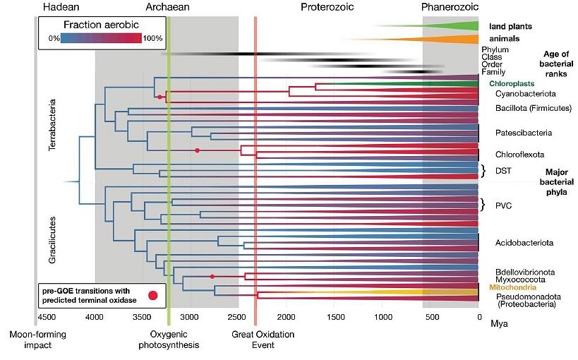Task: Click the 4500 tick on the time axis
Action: click(47, 318)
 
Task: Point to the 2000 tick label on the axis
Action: click(287, 318)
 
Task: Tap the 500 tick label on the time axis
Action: click(431, 318)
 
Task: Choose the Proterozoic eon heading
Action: click(327, 8)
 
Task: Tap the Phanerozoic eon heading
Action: click(450, 8)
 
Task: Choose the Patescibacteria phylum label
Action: click(524, 132)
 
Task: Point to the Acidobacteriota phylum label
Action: click(524, 242)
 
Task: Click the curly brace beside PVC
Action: click(483, 205)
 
